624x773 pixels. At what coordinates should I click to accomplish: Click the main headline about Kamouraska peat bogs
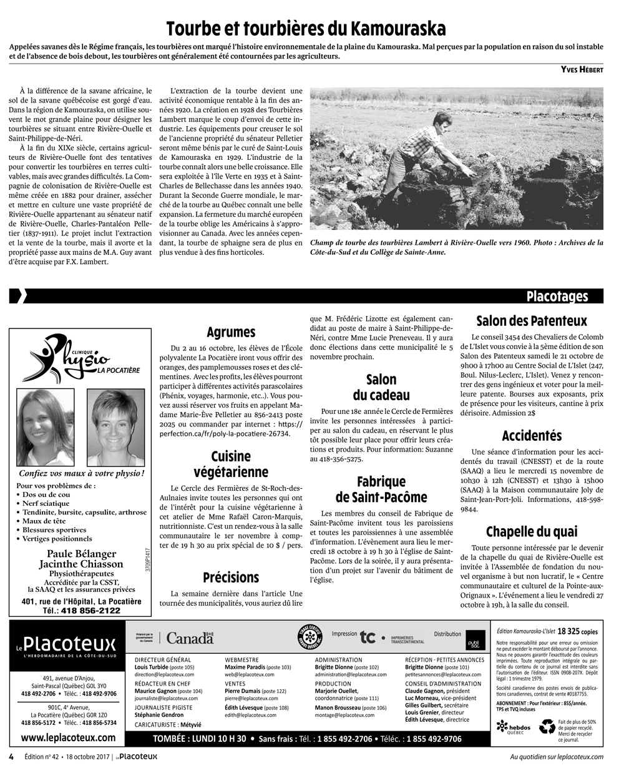pos(306,29)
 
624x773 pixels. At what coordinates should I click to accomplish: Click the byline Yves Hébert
pos(581,70)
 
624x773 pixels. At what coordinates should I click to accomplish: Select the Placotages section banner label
pos(556,296)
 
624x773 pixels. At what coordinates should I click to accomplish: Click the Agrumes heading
pos(231,332)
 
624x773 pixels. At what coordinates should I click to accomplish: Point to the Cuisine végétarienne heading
pos(231,464)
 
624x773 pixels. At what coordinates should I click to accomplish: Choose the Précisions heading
pos(231,578)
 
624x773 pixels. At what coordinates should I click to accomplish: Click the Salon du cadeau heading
pos(381,387)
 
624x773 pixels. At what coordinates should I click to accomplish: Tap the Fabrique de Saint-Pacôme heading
pos(381,490)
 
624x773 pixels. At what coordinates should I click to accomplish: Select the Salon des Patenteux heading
pos(532,322)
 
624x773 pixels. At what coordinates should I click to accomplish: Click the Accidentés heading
pos(532,436)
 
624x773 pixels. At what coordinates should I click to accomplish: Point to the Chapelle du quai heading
pos(532,532)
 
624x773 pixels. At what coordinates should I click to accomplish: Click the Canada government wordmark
pos(190,638)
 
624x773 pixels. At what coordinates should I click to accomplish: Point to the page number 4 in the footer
pos(11,757)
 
